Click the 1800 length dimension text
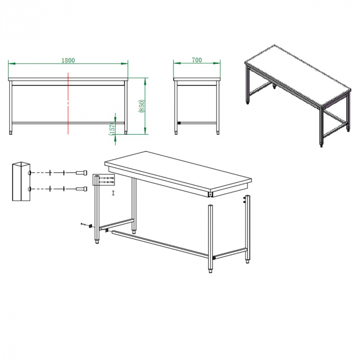[68, 60]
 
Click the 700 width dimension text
[197, 60]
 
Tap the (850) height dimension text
[141, 106]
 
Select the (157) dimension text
[112, 130]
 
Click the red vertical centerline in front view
[68, 103]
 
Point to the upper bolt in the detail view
[81, 173]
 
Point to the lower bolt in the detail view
[81, 189]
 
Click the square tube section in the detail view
[21, 182]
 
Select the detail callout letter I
[113, 193]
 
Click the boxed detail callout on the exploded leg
[103, 180]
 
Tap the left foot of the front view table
[11, 133]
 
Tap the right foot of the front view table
[125, 133]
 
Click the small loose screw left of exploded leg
[83, 224]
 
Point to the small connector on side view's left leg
[179, 123]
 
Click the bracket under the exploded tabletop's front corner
[210, 195]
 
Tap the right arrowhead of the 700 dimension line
[217, 63]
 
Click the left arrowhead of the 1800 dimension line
[12, 63]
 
